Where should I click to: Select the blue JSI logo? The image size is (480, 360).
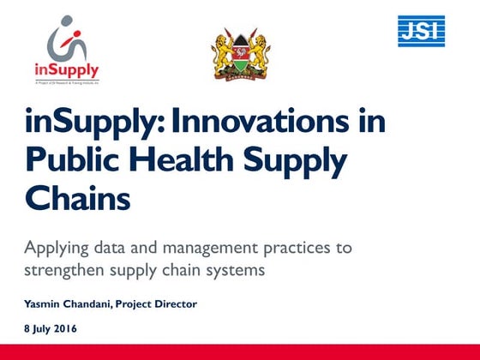[421, 32]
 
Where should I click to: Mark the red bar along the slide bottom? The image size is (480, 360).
[240, 352]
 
